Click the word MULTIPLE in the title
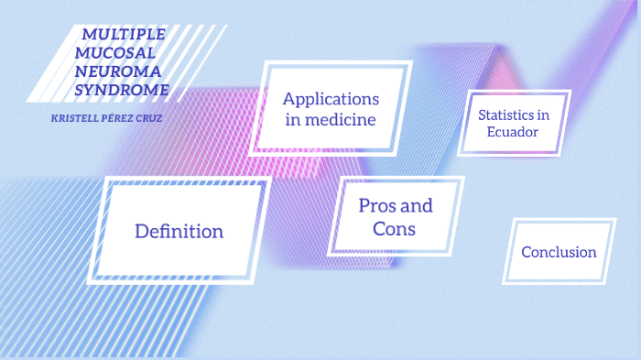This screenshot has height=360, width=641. click(124, 34)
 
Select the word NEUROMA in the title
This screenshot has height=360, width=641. click(116, 71)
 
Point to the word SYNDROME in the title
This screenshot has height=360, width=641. click(121, 89)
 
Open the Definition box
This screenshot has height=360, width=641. click(179, 231)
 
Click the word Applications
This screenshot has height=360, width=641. click(330, 98)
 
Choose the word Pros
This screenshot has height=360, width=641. click(377, 205)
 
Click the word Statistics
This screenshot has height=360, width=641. click(507, 115)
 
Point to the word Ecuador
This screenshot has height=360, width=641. click(513, 132)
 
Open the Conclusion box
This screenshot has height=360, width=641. click(559, 252)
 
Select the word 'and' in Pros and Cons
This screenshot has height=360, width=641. click(416, 205)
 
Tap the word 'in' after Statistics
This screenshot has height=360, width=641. click(543, 115)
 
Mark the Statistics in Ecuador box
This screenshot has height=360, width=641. click(516, 123)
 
